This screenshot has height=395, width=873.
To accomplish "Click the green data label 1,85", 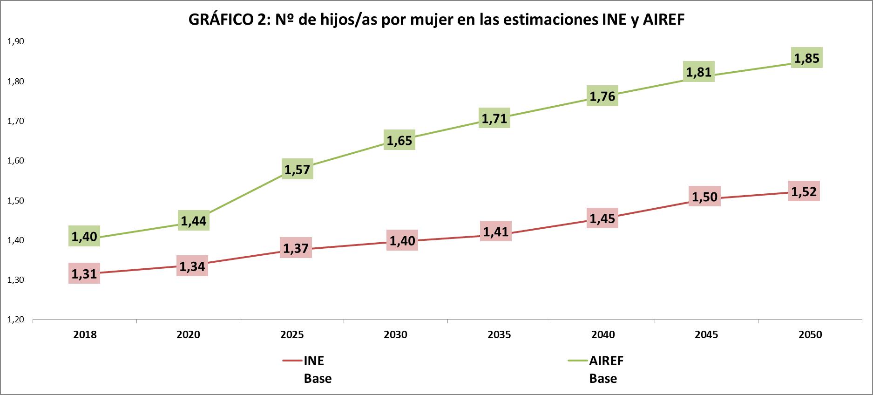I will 806,58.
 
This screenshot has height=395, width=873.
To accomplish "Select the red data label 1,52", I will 804,191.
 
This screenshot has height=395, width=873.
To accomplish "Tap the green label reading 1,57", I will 297,169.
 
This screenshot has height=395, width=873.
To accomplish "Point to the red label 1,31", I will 84,273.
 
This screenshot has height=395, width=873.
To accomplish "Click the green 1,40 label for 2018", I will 84,236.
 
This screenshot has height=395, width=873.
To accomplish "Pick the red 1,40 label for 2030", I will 402,240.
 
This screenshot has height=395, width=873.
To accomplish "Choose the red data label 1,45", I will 602,218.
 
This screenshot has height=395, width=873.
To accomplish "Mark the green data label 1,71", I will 494,118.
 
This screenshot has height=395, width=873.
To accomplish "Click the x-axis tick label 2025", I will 292,334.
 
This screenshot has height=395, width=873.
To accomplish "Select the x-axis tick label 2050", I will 810,334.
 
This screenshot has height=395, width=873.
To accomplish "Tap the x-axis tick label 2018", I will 85,334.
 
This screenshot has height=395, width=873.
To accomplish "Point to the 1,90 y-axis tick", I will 15,41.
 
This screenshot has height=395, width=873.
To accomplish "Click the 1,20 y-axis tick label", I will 15,320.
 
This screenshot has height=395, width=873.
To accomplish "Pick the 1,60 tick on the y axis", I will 15,161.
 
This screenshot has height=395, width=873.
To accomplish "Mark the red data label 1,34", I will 192,266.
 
